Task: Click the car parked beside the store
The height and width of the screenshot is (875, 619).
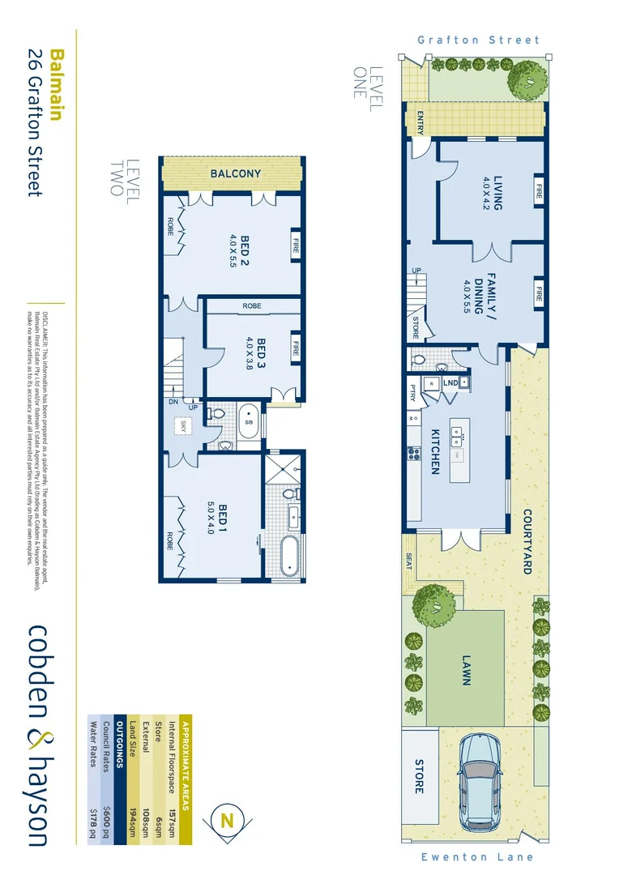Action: pyautogui.click(x=484, y=783)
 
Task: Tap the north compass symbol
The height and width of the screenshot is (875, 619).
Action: pyautogui.click(x=227, y=821)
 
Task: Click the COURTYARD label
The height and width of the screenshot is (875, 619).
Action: pyautogui.click(x=526, y=542)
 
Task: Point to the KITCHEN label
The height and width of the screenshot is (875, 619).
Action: pyautogui.click(x=434, y=451)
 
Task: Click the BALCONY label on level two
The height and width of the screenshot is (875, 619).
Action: pyautogui.click(x=236, y=173)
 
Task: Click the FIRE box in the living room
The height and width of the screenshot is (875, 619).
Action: pyautogui.click(x=538, y=192)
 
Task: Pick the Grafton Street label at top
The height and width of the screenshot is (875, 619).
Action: pyautogui.click(x=478, y=40)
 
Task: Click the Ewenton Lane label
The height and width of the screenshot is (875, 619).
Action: pyautogui.click(x=478, y=856)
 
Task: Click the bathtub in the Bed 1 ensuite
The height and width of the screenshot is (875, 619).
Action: pyautogui.click(x=289, y=557)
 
